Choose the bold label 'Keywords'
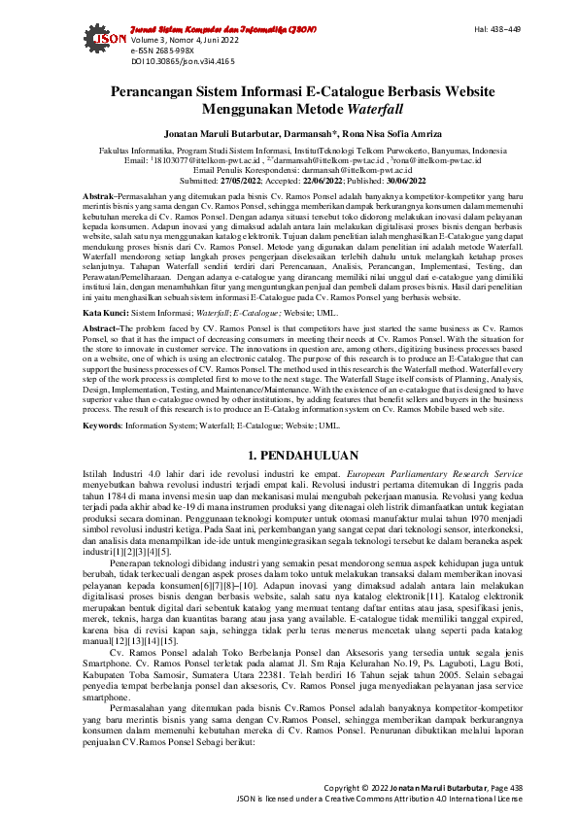point(102,425)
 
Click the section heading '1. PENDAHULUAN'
point(289,455)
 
